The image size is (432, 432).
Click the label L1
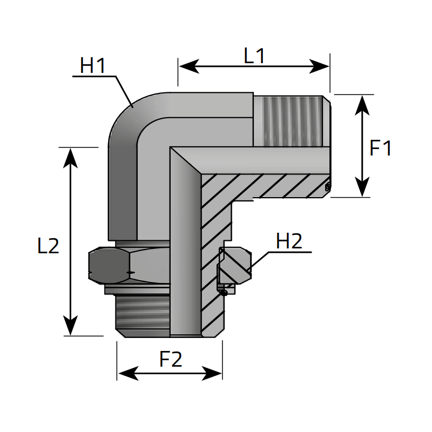point(254,56)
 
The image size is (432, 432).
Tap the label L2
point(48,246)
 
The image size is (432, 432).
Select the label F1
point(381,148)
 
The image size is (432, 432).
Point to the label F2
point(171,360)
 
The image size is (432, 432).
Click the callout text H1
point(92,66)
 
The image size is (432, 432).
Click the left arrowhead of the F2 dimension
point(125,373)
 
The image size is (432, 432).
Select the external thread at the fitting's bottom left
point(144,315)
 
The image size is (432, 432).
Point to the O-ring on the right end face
point(327,187)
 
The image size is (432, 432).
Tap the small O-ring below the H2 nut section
point(224,292)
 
